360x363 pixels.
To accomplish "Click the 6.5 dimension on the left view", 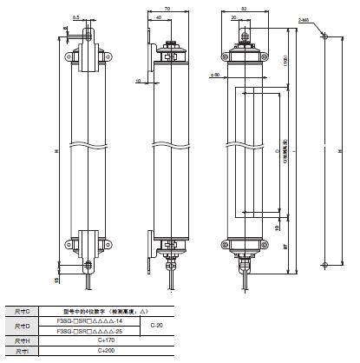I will [x=76, y=17].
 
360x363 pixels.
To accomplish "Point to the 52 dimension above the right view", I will [x=245, y=9].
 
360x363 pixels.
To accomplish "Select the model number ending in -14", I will [x=93, y=320].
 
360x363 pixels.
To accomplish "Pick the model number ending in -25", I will [x=93, y=331].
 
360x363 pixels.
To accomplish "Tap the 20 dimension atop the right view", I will [x=237, y=18].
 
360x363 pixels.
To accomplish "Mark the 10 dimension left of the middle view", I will [x=138, y=83].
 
